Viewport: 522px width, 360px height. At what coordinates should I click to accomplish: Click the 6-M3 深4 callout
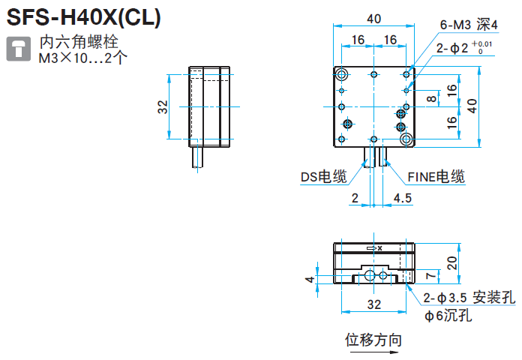(469, 25)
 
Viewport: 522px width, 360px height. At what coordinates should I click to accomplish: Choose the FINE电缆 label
(436, 177)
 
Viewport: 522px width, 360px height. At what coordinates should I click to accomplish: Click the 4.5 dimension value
(403, 198)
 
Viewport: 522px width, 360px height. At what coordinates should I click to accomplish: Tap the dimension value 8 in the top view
(431, 98)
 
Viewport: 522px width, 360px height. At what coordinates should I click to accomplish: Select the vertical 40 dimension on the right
(471, 106)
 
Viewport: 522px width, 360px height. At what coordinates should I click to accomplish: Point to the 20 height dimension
(451, 262)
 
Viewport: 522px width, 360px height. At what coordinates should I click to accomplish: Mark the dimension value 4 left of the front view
(308, 279)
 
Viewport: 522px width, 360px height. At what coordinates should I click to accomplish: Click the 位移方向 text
(373, 339)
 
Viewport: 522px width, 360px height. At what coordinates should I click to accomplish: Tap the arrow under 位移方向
(373, 351)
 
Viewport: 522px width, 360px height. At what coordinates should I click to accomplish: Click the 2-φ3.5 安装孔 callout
(469, 298)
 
